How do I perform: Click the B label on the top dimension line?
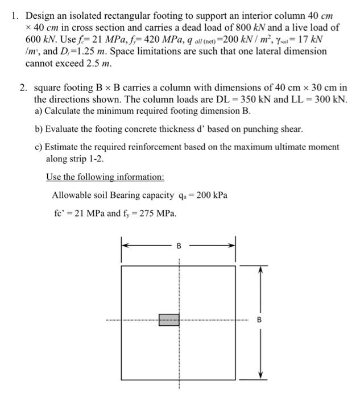(x=179, y=246)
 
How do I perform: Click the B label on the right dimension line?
(x=260, y=320)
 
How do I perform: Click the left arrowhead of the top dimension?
(x=125, y=246)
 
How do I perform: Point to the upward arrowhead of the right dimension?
(x=260, y=269)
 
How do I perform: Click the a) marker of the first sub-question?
(x=39, y=111)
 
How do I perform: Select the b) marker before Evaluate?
(x=39, y=129)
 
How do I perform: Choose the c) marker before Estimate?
(x=39, y=147)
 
